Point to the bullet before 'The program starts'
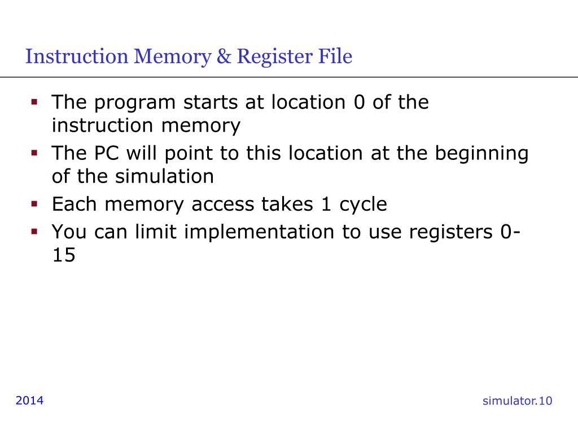coord(34,103)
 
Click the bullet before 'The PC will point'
coord(34,153)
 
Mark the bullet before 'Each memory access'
coord(34,204)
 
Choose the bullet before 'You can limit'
coord(34,232)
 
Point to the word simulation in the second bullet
coord(165,176)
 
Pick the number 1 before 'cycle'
coord(326,204)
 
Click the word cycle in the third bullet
coord(363,205)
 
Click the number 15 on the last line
coord(63,255)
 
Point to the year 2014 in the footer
coord(29,401)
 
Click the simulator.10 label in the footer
coord(517,401)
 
